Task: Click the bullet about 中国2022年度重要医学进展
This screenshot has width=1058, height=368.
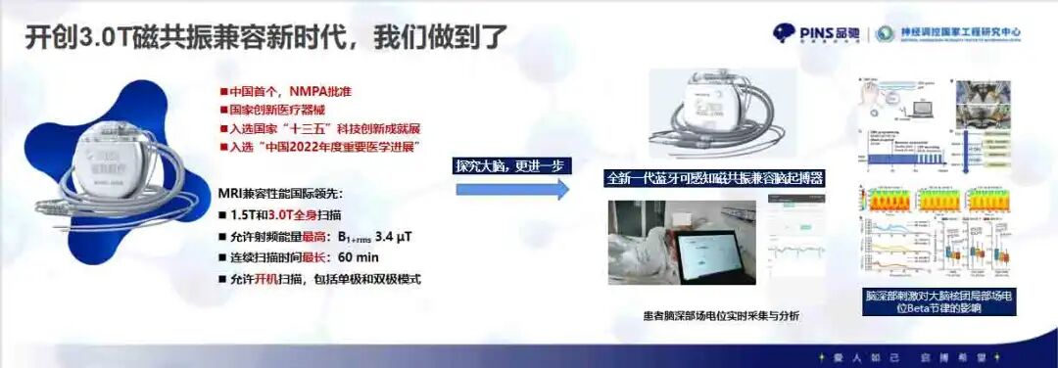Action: [324, 147]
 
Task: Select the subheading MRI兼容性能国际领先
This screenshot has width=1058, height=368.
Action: [285, 192]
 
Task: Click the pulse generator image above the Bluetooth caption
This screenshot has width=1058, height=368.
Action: [709, 113]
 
